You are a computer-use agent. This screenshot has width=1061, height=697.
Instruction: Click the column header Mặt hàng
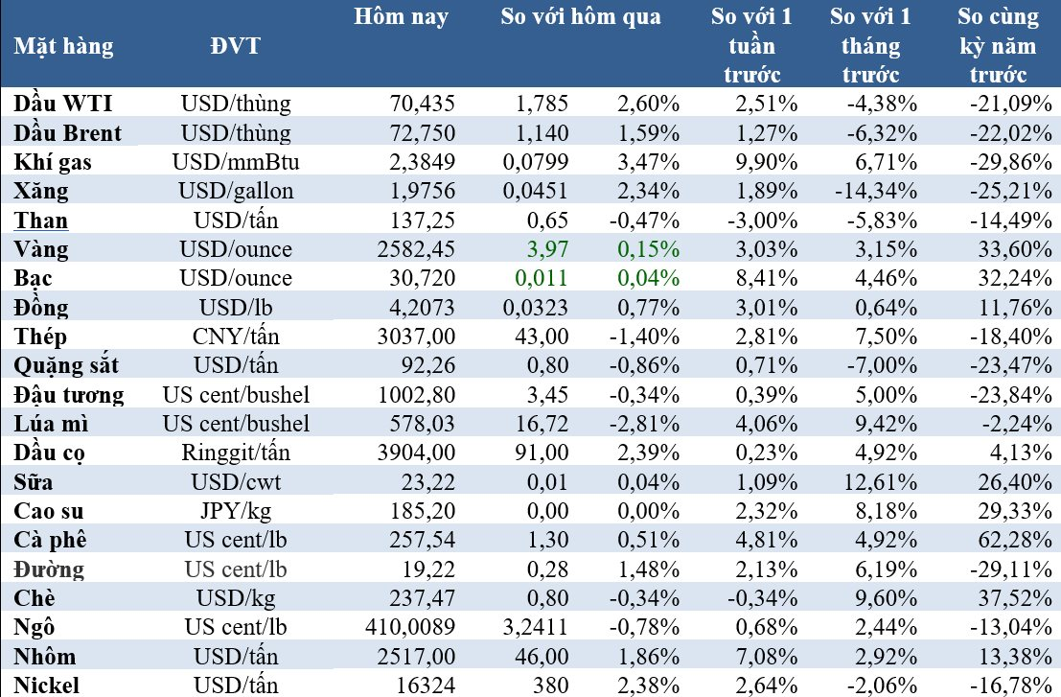63,46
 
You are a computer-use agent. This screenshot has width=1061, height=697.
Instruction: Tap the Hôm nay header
401,17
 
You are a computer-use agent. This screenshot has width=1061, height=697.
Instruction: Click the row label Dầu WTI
64,104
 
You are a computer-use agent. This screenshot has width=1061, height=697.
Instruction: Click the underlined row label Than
41,221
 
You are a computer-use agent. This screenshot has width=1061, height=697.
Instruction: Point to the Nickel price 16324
427,685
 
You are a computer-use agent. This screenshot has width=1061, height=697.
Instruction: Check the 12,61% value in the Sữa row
883,482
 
